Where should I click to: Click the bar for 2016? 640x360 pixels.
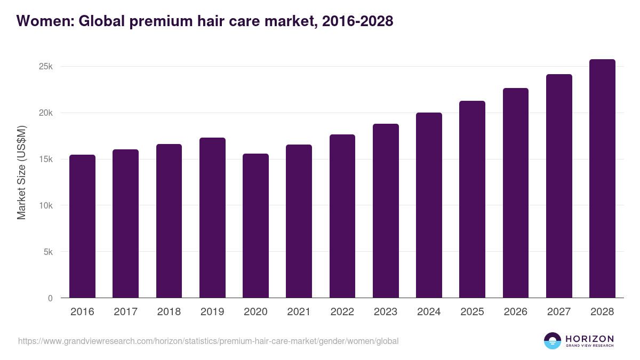(x=82, y=226)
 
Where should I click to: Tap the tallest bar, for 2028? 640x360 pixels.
(x=602, y=179)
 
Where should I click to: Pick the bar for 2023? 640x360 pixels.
(x=386, y=211)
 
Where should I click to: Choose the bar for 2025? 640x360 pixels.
(x=472, y=199)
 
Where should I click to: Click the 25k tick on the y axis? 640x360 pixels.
(x=45, y=67)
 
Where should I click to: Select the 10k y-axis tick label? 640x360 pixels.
(x=45, y=206)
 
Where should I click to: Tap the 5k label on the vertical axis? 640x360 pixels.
(x=47, y=252)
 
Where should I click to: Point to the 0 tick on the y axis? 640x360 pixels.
(x=50, y=298)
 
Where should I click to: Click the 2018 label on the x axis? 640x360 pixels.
(x=169, y=312)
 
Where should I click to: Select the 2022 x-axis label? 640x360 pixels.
(x=342, y=312)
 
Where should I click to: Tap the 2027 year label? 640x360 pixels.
(x=559, y=312)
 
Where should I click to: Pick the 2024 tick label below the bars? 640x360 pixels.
(x=429, y=312)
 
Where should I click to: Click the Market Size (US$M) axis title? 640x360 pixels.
(x=21, y=172)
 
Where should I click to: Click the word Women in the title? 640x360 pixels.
(x=45, y=21)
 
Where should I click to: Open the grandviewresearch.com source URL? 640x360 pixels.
(x=208, y=341)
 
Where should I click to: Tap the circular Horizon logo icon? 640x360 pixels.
(x=553, y=341)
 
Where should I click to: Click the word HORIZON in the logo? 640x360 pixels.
(x=589, y=339)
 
